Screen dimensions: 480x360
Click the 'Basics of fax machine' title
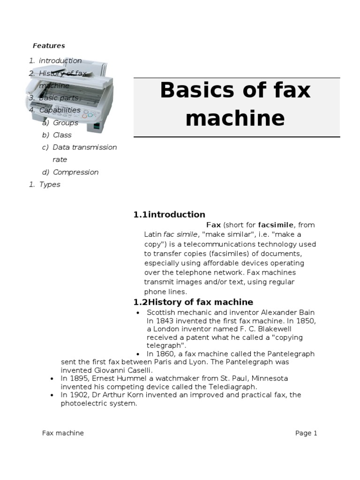pos(235,104)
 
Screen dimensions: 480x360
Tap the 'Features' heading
pos(49,45)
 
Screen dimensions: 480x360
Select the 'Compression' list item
pos(75,172)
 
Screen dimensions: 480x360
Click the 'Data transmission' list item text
pos(85,147)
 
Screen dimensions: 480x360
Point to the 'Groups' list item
pos(66,122)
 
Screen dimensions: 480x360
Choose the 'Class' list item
pos(62,135)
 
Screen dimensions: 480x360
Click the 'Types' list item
pos(50,184)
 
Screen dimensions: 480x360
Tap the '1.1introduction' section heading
pos(169,215)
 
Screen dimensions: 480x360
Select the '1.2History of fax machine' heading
pos(193,302)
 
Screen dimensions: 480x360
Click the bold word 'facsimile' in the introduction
pos(276,225)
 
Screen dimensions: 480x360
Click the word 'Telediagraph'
pos(233,387)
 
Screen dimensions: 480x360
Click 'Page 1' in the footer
pos(306,433)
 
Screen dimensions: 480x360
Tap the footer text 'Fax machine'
pos(63,433)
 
